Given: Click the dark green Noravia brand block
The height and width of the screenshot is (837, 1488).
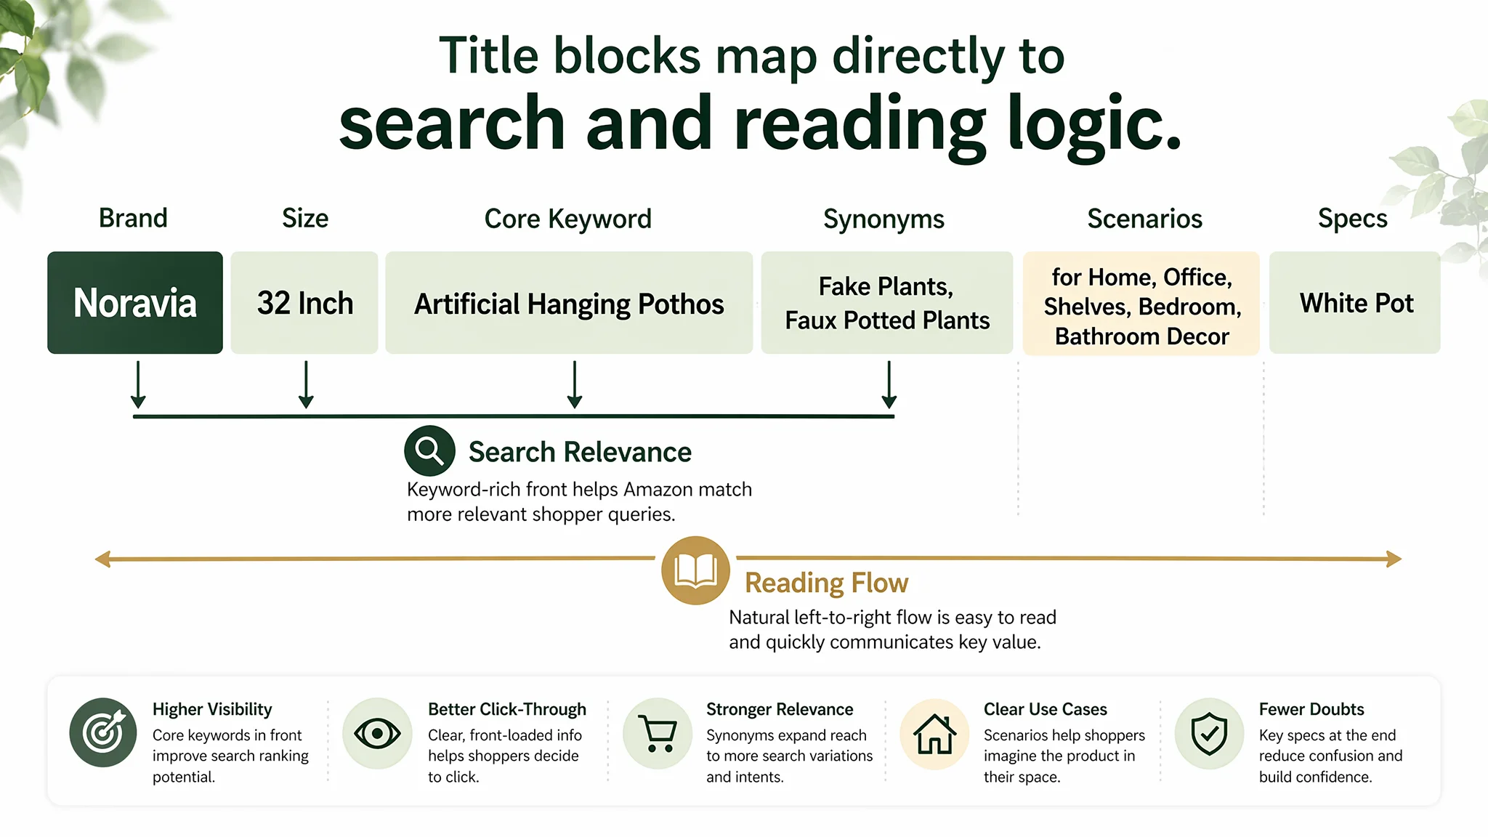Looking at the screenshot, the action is pyautogui.click(x=135, y=303).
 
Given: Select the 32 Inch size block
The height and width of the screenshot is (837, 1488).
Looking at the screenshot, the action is pyautogui.click(x=304, y=303).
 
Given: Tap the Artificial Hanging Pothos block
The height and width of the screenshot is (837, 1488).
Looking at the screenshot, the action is pyautogui.click(x=569, y=303).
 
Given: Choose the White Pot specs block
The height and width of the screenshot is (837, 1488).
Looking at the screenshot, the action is pyautogui.click(x=1355, y=303).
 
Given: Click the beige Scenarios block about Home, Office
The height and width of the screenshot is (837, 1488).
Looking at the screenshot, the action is pyautogui.click(x=1141, y=304).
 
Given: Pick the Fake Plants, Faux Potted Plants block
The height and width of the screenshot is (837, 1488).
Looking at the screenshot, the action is pyautogui.click(x=887, y=303).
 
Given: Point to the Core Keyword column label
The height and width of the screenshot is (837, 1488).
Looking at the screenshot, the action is pyautogui.click(x=568, y=219).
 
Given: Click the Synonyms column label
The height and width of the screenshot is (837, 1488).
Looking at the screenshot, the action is pyautogui.click(x=883, y=219).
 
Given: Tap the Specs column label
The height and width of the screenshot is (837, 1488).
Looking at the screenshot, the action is pyautogui.click(x=1353, y=219).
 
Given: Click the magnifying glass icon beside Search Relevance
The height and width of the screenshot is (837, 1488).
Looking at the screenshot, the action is pyautogui.click(x=430, y=450).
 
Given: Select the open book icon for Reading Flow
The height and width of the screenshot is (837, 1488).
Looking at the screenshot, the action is pyautogui.click(x=695, y=570).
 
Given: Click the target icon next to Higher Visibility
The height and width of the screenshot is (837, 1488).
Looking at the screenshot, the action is pyautogui.click(x=103, y=732).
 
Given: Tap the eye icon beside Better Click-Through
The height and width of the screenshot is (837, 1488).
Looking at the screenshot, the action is pyautogui.click(x=377, y=733).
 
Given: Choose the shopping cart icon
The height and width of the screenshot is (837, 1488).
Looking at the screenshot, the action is pyautogui.click(x=658, y=733).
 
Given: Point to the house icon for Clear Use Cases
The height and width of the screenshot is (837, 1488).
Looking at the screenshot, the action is pyautogui.click(x=934, y=733).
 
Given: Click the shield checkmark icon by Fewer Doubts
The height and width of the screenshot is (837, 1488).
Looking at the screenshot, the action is pyautogui.click(x=1210, y=733).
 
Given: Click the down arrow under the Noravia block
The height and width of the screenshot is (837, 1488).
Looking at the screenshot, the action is pyautogui.click(x=138, y=385).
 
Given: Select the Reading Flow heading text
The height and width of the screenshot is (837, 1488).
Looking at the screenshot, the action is pyautogui.click(x=826, y=583).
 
